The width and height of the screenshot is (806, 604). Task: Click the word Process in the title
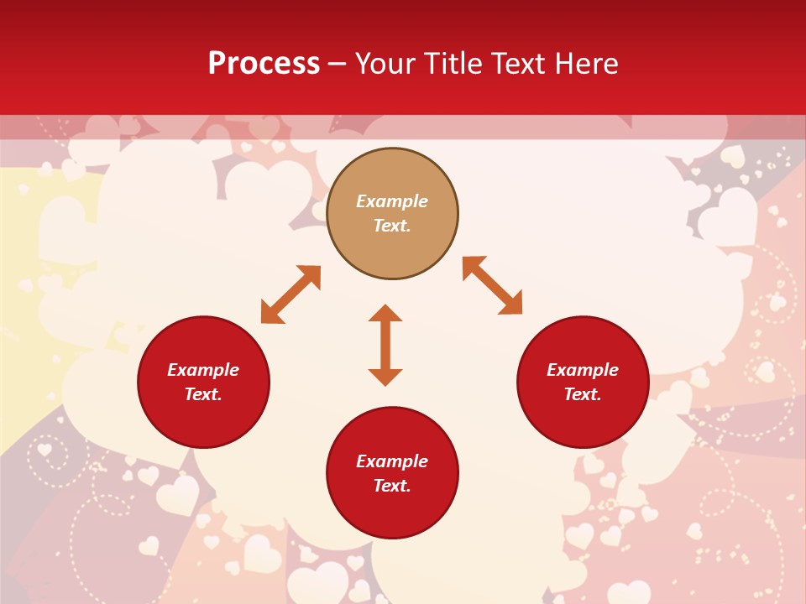pyautogui.click(x=264, y=64)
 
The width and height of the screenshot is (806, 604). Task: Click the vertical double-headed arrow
pyautogui.click(x=385, y=345)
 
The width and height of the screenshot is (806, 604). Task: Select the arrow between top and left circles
pyautogui.click(x=290, y=294)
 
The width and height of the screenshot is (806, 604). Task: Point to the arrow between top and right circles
pyautogui.click(x=492, y=285)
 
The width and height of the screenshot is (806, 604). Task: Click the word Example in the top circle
pyautogui.click(x=392, y=201)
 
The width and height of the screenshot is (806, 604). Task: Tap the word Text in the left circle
pyautogui.click(x=202, y=394)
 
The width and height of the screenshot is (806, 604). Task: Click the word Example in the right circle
pyautogui.click(x=583, y=370)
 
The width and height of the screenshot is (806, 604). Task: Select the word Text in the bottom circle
pyautogui.click(x=391, y=486)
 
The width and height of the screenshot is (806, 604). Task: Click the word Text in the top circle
pyautogui.click(x=391, y=226)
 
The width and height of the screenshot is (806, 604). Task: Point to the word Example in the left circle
pyautogui.click(x=203, y=370)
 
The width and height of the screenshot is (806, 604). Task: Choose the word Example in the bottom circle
pyautogui.click(x=392, y=461)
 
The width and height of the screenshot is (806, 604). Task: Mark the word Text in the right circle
pyautogui.click(x=582, y=394)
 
